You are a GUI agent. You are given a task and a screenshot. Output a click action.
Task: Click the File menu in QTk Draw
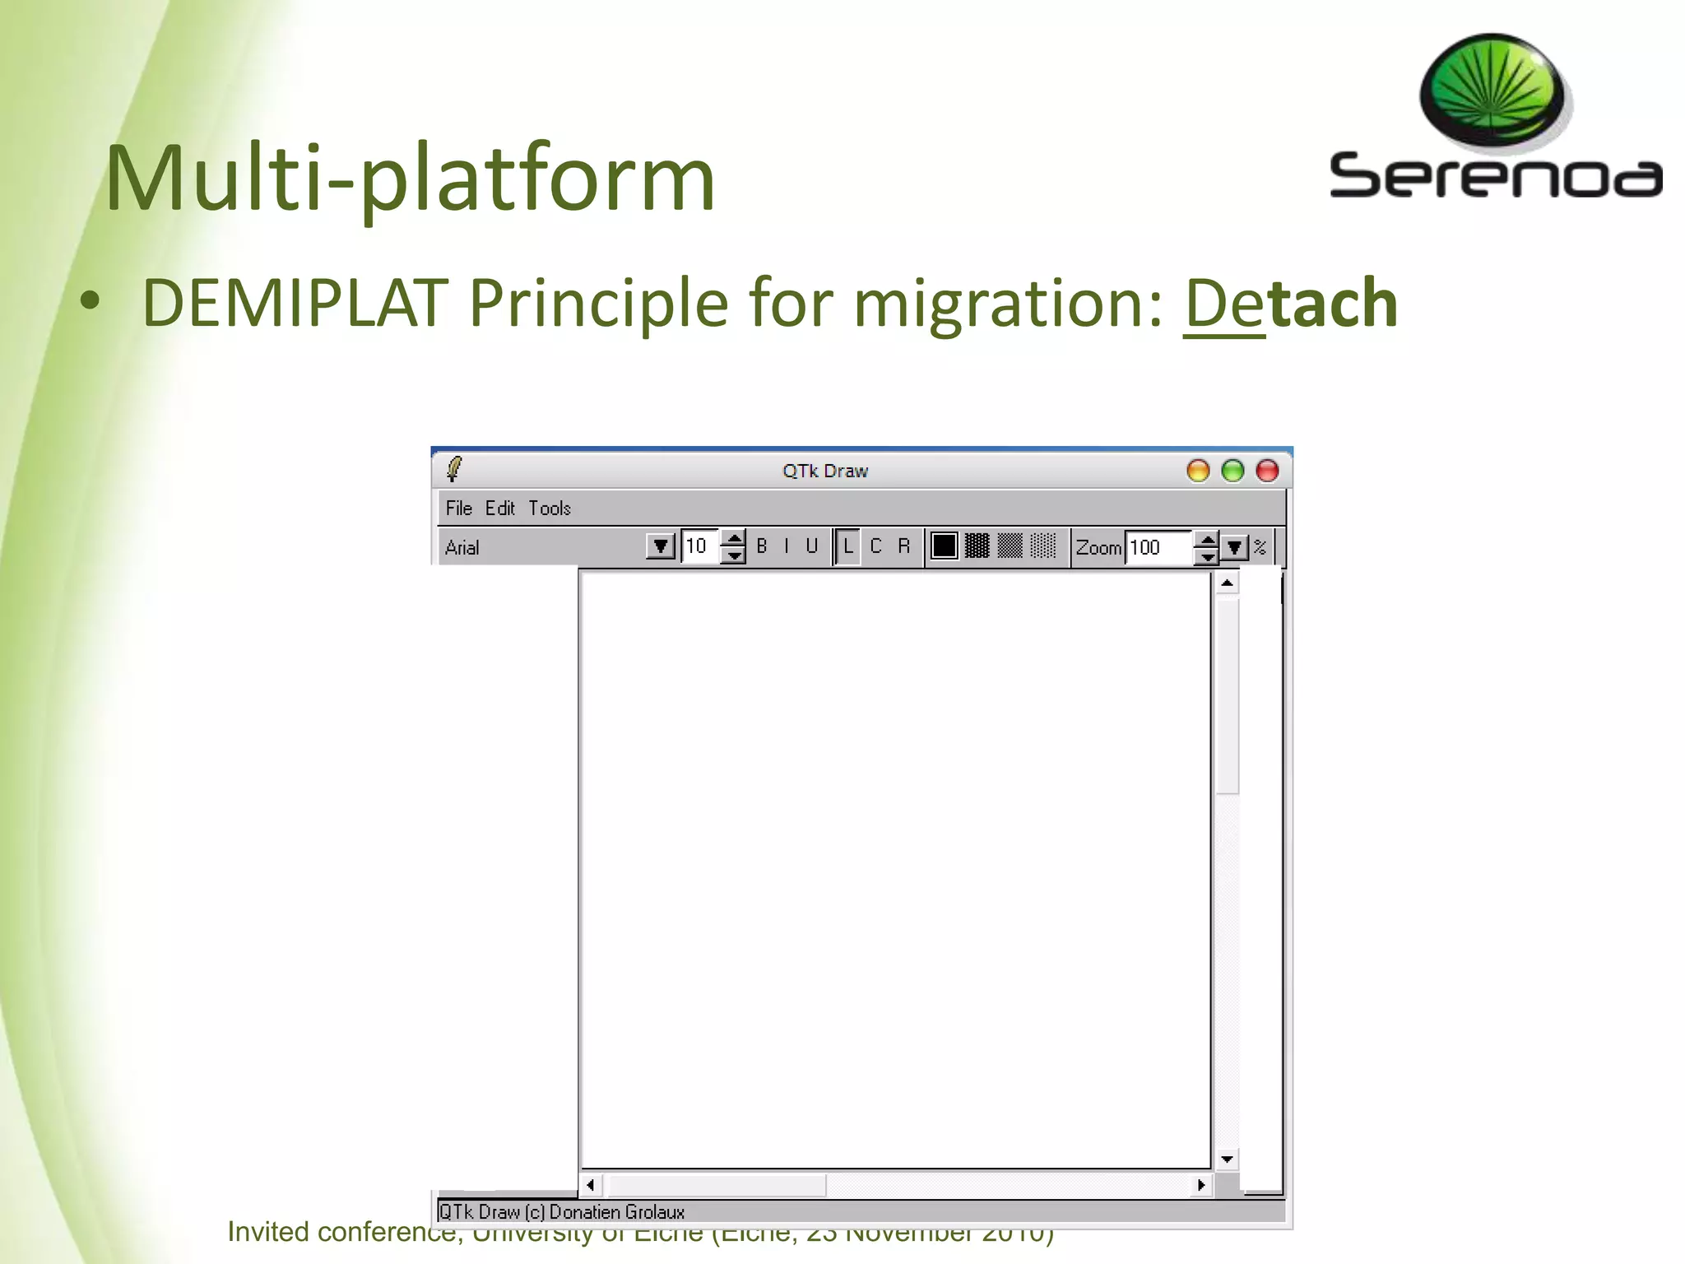coord(458,508)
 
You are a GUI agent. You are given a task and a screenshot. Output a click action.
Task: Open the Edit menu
coord(499,508)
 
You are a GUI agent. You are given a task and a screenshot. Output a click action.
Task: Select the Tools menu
coord(549,508)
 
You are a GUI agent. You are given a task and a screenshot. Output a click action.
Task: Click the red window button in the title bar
coord(1267,471)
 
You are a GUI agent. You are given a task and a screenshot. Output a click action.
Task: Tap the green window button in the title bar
coord(1232,471)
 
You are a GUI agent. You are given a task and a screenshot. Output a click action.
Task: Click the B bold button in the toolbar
coord(762,546)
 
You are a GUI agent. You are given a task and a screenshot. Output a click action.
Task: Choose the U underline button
coord(811,546)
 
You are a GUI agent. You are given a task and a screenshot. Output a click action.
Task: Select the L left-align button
coord(847,546)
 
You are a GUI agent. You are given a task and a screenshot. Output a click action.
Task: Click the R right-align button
coord(903,546)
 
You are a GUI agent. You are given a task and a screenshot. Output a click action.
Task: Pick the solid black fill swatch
coord(944,546)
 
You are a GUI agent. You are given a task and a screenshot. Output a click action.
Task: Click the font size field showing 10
coord(699,546)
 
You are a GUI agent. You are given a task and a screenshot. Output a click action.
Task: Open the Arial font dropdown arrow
coord(660,546)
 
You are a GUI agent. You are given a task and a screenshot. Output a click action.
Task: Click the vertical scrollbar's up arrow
coord(1227,583)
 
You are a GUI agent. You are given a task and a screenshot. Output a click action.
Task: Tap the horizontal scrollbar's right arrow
coord(1201,1185)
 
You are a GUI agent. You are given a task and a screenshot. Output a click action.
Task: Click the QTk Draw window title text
coord(824,471)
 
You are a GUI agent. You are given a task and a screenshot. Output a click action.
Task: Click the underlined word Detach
coord(1290,303)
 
